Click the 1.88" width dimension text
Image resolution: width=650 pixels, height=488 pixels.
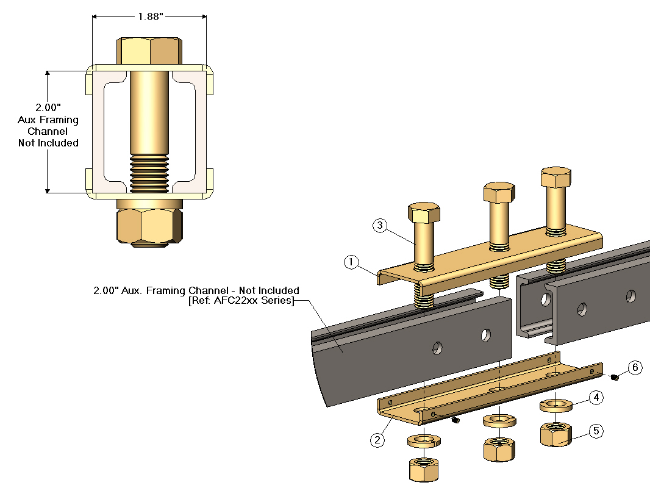coord(149,17)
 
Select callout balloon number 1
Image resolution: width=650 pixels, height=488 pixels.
coord(351,262)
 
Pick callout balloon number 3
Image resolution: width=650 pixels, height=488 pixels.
coord(380,226)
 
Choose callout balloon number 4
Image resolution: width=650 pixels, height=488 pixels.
coord(597,398)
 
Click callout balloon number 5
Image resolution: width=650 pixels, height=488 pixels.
coord(597,431)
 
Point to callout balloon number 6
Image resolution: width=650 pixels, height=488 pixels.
coord(635,367)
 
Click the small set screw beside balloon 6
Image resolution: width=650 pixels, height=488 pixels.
coord(615,378)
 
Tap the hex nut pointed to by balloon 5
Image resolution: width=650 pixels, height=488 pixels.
coord(555,434)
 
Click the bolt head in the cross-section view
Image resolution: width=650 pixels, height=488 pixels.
coord(149,50)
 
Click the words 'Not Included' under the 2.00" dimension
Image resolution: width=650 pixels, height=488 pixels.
coord(48,143)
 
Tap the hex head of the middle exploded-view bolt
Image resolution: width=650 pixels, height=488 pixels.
coord(499,192)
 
